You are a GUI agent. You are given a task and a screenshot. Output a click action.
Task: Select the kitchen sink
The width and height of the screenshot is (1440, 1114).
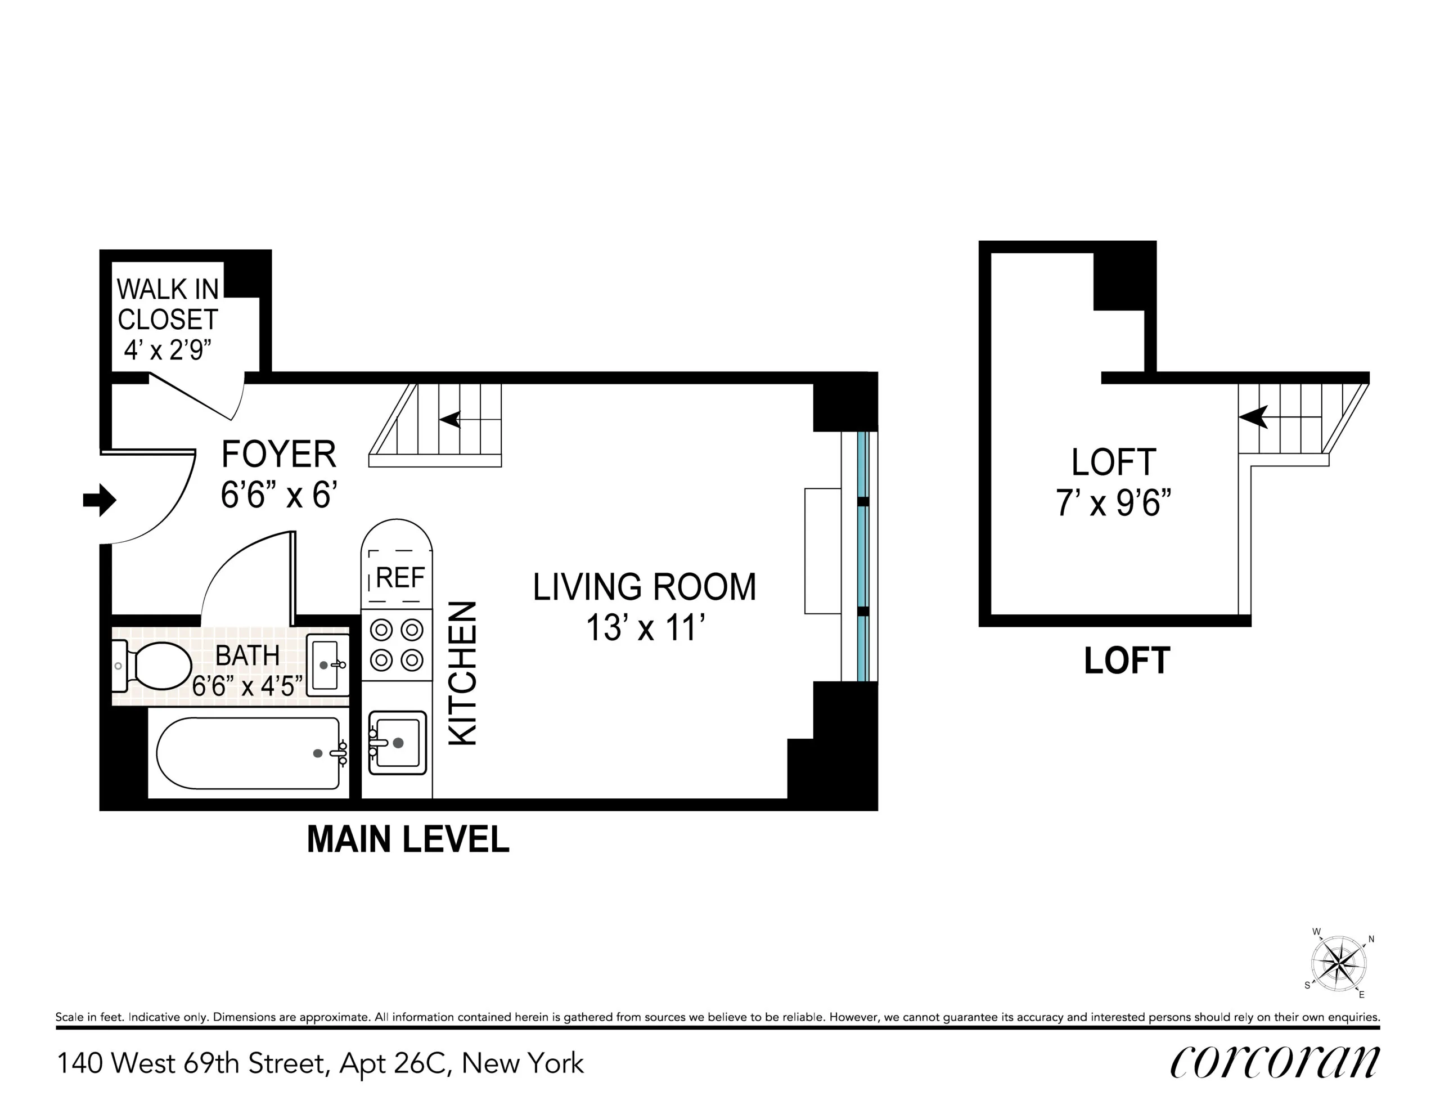pyautogui.click(x=397, y=742)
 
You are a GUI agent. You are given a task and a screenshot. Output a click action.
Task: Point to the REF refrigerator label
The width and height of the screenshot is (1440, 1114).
pyautogui.click(x=399, y=578)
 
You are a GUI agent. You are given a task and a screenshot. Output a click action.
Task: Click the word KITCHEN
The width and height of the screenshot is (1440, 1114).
pyautogui.click(x=463, y=673)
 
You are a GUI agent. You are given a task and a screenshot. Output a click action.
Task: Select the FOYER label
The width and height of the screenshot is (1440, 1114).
pyautogui.click(x=278, y=455)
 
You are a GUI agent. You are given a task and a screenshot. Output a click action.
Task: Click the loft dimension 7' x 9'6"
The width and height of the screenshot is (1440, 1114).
pyautogui.click(x=1114, y=503)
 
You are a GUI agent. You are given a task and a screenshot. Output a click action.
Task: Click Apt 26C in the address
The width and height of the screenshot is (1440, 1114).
pyautogui.click(x=394, y=1064)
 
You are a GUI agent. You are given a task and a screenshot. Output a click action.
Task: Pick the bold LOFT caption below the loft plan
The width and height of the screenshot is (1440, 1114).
pyautogui.click(x=1127, y=661)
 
